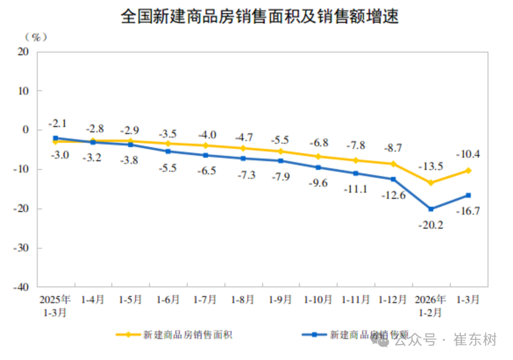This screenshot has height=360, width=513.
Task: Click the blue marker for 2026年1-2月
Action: [x=431, y=209]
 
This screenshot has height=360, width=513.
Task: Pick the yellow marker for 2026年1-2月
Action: [x=431, y=182]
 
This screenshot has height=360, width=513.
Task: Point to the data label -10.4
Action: [x=468, y=155]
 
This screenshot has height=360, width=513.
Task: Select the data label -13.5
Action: [x=431, y=166]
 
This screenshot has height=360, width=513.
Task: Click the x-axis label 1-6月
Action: [x=168, y=300]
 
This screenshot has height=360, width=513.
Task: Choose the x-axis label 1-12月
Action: [x=392, y=300]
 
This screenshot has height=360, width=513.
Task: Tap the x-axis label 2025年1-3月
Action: [x=55, y=306]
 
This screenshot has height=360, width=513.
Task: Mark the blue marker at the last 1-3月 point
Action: [x=468, y=195]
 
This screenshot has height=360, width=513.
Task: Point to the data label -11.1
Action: [x=355, y=189]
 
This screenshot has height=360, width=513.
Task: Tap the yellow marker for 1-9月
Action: [x=281, y=151]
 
